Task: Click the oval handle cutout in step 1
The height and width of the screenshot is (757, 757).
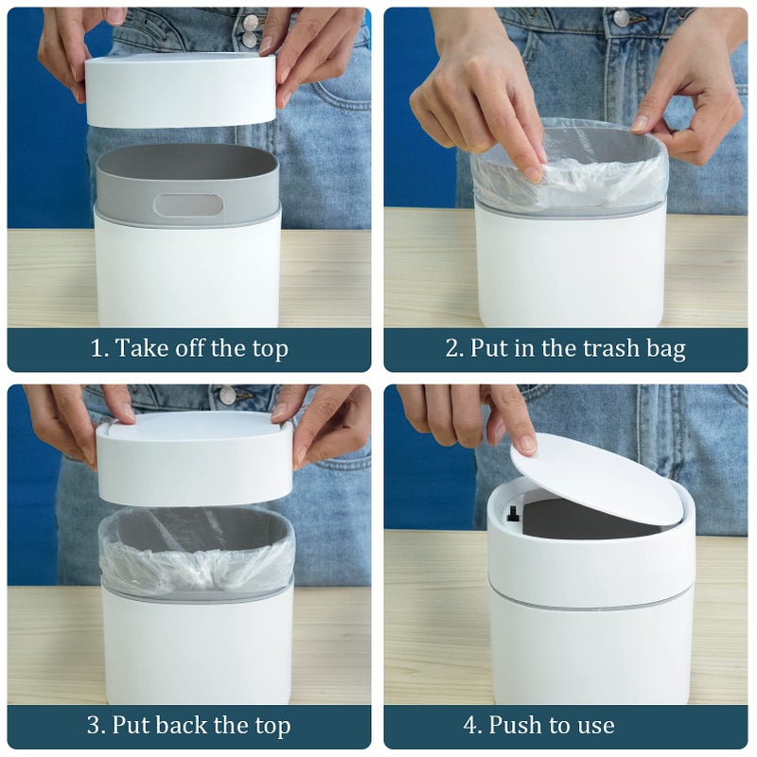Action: pyautogui.click(x=188, y=204)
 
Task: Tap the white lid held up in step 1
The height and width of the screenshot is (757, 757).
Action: pyautogui.click(x=180, y=91)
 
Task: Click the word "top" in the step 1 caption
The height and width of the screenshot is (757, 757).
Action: pyautogui.click(x=269, y=348)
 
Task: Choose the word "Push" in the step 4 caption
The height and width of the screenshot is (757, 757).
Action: pyautogui.click(x=515, y=726)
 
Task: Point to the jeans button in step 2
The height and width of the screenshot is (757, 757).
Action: pyautogui.click(x=621, y=18)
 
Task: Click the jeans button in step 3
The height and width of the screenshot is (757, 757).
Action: pyautogui.click(x=227, y=395)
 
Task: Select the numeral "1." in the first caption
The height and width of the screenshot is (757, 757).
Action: pyautogui.click(x=99, y=348)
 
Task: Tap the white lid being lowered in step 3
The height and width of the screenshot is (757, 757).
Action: pyautogui.click(x=194, y=459)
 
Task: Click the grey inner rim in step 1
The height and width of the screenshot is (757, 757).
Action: pyautogui.click(x=187, y=185)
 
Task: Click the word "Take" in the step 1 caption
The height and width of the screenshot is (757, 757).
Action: pyautogui.click(x=142, y=348)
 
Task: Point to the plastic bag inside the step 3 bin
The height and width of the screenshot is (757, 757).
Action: pyautogui.click(x=196, y=554)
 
